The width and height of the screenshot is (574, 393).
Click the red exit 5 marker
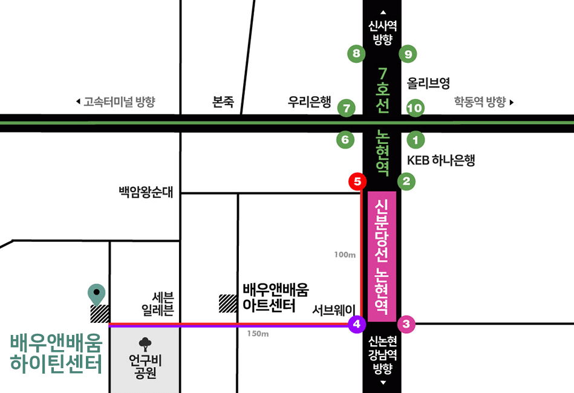click(357, 181)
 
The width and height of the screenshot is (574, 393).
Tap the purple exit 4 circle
click(357, 324)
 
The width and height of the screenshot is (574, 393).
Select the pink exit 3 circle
click(406, 324)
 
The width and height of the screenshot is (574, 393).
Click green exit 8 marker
click(356, 54)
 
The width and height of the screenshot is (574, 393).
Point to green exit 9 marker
click(408, 54)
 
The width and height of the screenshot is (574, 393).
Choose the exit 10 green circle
click(416, 108)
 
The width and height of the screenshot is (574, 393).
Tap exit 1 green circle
click(416, 140)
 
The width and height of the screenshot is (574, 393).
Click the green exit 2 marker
click(406, 181)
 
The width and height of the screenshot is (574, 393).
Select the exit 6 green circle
click(345, 140)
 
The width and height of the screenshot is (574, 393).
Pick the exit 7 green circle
click(346, 108)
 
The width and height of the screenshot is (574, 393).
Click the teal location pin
click(96, 294)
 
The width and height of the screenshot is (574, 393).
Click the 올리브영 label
click(428, 83)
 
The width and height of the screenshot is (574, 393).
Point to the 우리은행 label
click(309, 102)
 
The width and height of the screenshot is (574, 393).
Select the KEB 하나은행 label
click(441, 160)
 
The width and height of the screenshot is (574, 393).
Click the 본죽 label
click(223, 102)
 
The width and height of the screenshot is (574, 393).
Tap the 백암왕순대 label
click(146, 193)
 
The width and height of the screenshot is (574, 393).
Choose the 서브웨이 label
click(333, 310)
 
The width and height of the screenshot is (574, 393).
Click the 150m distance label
click(258, 334)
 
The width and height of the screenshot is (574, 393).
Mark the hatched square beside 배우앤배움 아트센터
click(227, 303)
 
